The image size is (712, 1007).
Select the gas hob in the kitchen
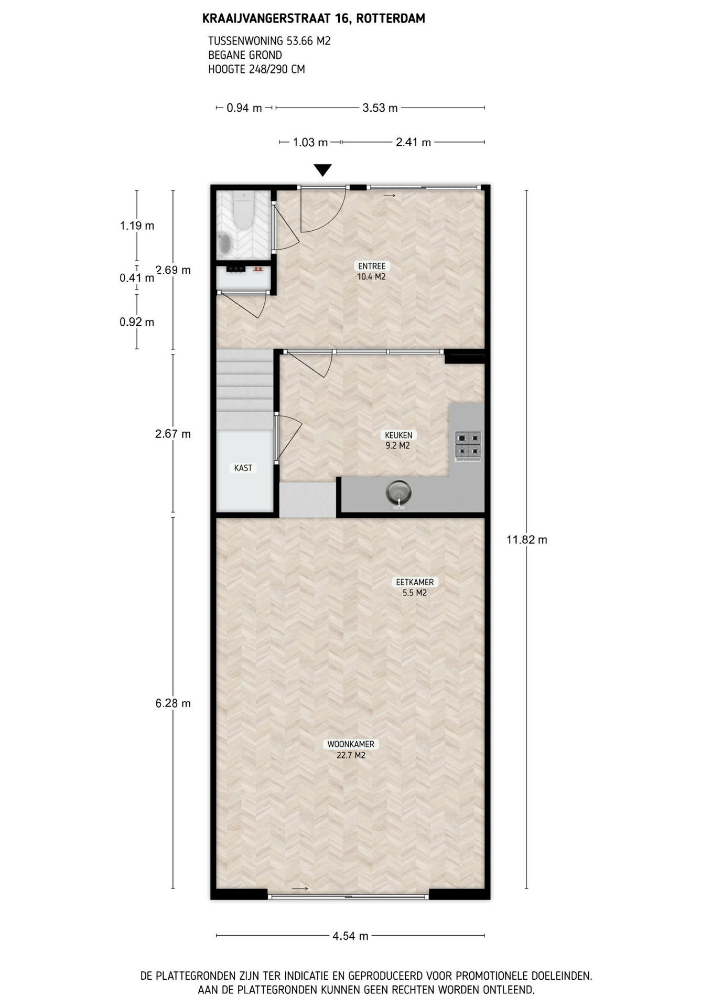click(x=468, y=446)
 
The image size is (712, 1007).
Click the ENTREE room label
click(x=371, y=271)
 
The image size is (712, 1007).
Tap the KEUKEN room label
click(x=398, y=440)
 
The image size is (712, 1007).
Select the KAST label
click(x=243, y=468)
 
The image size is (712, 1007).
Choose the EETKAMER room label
click(x=414, y=587)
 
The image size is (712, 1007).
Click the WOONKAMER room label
click(x=351, y=749)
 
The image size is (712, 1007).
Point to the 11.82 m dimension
click(x=526, y=540)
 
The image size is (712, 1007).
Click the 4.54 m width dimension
click(x=350, y=936)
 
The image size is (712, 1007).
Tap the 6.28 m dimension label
click(x=173, y=703)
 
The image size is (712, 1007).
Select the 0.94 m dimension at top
click(x=244, y=108)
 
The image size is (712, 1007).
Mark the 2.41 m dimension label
click(x=413, y=142)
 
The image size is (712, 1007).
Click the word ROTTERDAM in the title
click(x=394, y=19)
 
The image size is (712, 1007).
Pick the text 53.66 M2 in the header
click(x=309, y=41)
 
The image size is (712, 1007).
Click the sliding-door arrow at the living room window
click(x=300, y=888)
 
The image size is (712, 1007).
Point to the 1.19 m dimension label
click(x=137, y=226)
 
